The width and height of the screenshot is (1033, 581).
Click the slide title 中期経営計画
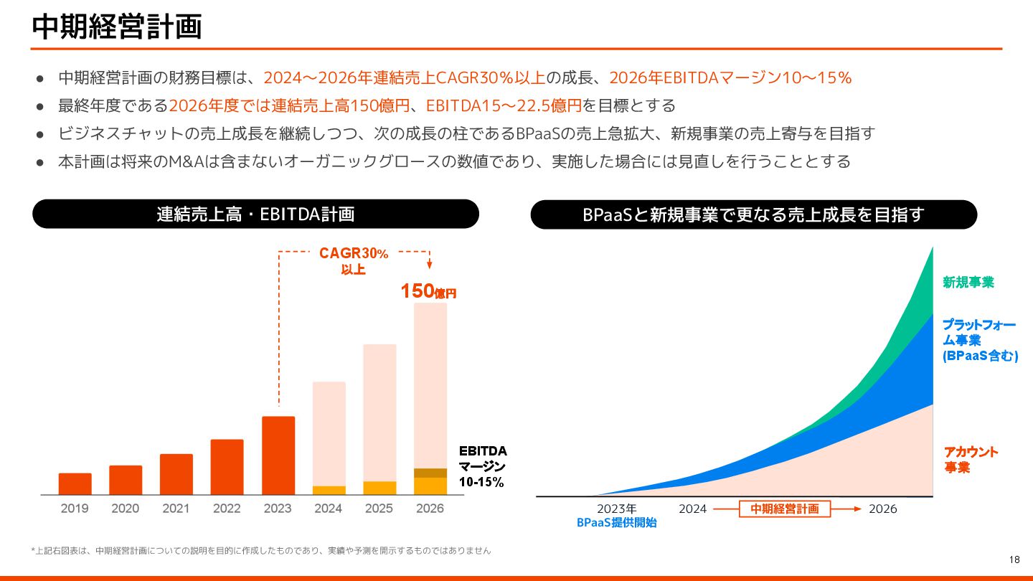[x=117, y=27]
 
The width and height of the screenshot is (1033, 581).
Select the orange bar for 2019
[x=75, y=484]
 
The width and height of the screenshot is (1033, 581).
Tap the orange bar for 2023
[x=278, y=455]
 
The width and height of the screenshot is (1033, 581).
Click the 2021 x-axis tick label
[x=176, y=509]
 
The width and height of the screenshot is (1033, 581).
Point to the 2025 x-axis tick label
[x=379, y=509]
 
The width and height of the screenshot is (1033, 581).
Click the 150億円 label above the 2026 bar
[x=428, y=291]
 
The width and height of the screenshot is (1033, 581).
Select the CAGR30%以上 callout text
[x=354, y=261]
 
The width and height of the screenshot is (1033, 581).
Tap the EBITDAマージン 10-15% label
[x=483, y=466]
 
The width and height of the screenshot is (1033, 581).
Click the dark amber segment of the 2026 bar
[x=430, y=473]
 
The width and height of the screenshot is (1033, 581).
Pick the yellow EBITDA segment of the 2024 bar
[x=329, y=491]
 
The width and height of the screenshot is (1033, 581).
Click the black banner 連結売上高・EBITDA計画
[x=255, y=214]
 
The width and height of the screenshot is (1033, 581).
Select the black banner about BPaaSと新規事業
[x=753, y=214]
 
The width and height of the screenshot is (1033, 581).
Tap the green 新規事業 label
[x=968, y=283]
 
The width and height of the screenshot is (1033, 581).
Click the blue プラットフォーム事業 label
[x=980, y=340]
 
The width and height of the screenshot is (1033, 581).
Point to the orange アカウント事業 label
[x=971, y=460]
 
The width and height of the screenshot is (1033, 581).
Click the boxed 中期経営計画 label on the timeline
[x=784, y=509]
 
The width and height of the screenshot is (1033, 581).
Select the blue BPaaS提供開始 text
[x=617, y=523]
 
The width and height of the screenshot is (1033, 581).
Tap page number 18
[x=1014, y=559]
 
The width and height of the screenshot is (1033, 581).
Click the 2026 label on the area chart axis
[x=882, y=509]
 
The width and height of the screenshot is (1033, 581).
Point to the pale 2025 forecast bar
[x=379, y=412]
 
